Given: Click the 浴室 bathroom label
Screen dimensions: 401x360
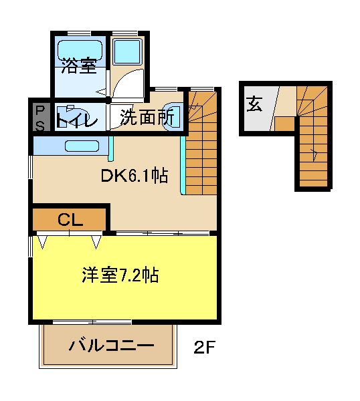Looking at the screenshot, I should pos(78,65).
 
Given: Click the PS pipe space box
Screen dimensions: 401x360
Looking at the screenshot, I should pos(40,117).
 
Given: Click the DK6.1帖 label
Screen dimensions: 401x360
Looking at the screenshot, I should pos(134,176).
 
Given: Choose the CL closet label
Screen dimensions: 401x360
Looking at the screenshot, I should pos(69,219).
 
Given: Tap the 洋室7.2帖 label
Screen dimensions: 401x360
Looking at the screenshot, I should pos(120,275).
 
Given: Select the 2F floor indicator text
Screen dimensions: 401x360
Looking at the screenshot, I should pos(205,348).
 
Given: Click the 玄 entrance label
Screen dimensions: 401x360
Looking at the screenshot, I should pos(255,105).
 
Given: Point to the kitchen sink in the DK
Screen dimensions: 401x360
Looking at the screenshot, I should pos(82,145).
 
